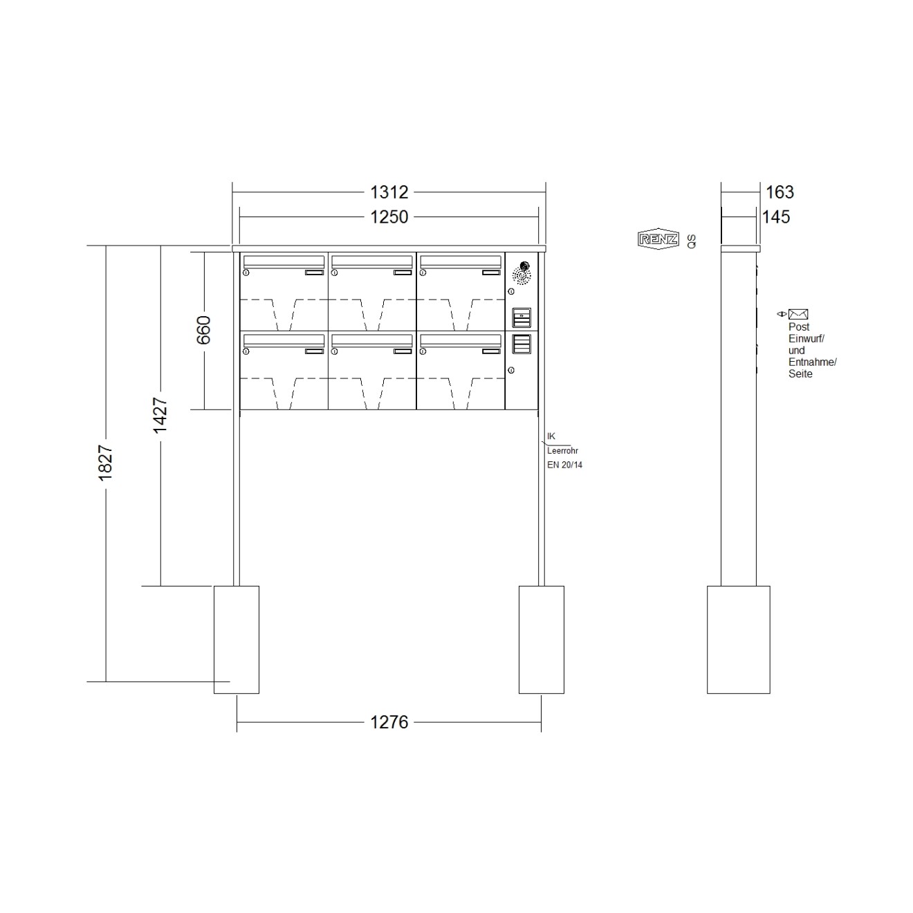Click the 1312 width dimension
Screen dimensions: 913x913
coord(389,192)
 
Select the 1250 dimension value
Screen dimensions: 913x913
coord(389,217)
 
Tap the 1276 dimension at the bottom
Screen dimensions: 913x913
coord(389,722)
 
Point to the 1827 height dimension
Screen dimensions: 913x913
coord(105,463)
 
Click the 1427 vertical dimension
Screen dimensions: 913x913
coord(160,415)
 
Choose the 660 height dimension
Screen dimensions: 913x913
coord(204,330)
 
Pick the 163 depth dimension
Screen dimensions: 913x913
coord(780,192)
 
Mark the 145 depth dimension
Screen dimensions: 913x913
coord(776,217)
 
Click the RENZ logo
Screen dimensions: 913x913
coord(658,239)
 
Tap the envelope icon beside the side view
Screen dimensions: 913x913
coord(798,313)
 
